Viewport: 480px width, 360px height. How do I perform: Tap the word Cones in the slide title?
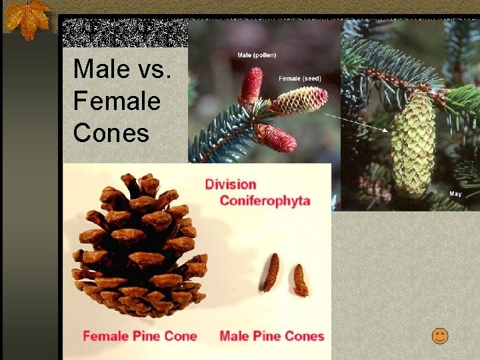[x=111, y=133]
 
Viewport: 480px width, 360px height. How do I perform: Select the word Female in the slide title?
[x=117, y=101]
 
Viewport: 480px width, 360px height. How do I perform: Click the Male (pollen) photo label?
[x=257, y=55]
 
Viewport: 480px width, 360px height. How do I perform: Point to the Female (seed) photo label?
[x=299, y=78]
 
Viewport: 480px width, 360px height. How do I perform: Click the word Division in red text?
[x=231, y=183]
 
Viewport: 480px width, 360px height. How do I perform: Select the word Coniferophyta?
[x=265, y=201]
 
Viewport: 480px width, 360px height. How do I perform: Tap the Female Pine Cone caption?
[x=139, y=335]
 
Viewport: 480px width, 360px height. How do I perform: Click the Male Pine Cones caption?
[x=271, y=335]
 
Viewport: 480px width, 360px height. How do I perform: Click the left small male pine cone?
[x=271, y=272]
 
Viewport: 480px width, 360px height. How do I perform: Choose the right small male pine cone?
[x=300, y=280]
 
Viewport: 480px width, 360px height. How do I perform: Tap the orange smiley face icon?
[x=439, y=336]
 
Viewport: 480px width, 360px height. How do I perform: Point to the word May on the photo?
[x=455, y=194]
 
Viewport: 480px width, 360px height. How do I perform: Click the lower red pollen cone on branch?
[x=275, y=139]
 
